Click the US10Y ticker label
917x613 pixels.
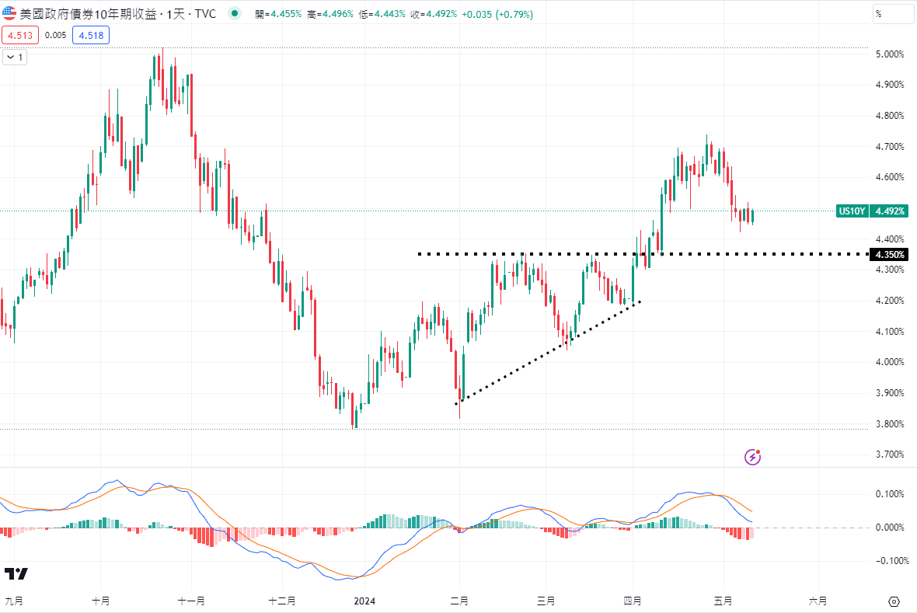852,211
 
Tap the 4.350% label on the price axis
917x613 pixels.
889,254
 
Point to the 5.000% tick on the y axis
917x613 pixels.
890,54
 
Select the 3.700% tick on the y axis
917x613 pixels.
890,454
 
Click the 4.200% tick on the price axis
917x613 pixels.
890,301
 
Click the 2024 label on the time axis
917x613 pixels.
365,601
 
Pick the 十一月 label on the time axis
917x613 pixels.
190,601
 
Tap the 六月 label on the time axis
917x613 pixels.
818,601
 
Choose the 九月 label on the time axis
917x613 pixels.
13,601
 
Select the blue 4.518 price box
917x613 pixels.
90,34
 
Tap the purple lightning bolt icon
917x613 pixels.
752,457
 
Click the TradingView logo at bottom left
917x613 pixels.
16,574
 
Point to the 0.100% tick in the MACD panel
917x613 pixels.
890,494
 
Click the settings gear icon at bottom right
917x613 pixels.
893,601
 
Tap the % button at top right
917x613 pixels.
893,13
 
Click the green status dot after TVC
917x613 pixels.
235,13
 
